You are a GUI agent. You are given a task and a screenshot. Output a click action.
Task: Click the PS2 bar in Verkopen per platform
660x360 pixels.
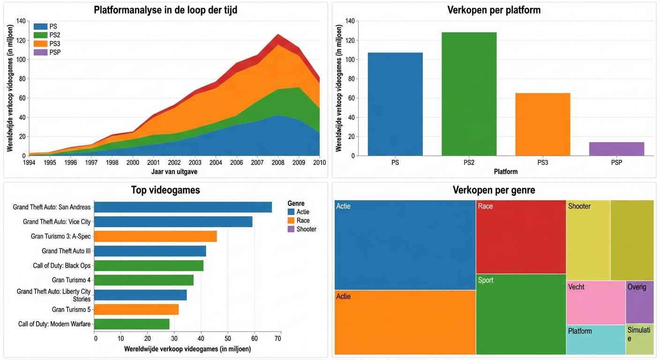(x=469, y=94)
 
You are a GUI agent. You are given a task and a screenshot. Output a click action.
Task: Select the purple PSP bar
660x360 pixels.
(x=616, y=149)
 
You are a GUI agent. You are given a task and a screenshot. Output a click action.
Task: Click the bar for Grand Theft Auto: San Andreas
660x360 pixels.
(x=183, y=207)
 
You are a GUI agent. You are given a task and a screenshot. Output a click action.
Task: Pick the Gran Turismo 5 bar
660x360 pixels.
(x=137, y=309)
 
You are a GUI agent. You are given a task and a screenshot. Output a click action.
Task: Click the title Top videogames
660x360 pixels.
(x=165, y=190)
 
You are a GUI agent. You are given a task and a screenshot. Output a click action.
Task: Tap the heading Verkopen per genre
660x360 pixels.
(x=494, y=190)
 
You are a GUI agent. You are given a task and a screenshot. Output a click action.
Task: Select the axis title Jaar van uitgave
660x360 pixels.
(x=174, y=172)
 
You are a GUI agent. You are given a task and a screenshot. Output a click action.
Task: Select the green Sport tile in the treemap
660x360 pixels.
(x=521, y=314)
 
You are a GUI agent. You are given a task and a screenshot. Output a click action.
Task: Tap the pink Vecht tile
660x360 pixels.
(x=595, y=303)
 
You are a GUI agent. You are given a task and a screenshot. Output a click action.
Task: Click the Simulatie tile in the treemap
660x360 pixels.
(x=639, y=339)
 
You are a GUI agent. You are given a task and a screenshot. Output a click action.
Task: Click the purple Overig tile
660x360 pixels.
(x=639, y=302)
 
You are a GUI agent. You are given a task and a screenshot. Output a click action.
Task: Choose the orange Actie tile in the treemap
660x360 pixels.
(x=405, y=322)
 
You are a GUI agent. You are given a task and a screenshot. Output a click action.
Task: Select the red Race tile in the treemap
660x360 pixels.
(x=521, y=237)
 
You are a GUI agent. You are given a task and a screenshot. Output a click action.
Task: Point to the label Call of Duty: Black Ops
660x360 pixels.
(x=62, y=266)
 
